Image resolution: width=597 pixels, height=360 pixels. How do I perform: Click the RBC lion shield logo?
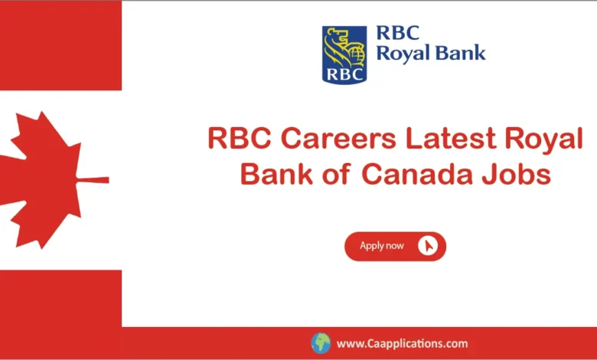(344, 54)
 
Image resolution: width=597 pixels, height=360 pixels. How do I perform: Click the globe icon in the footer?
(320, 343)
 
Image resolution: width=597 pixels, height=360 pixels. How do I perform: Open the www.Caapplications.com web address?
(402, 344)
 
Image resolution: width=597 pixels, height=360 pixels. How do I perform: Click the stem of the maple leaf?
(93, 180)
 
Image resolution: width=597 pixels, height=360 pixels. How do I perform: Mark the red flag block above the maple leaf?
(60, 45)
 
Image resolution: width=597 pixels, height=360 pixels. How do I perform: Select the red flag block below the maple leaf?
(60, 314)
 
